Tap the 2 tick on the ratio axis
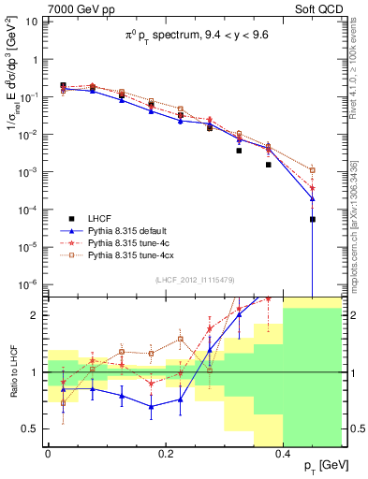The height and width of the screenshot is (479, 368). [x=36, y=315]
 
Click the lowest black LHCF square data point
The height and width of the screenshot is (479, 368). [x=313, y=220]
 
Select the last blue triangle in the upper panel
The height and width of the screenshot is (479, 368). [x=313, y=198]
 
